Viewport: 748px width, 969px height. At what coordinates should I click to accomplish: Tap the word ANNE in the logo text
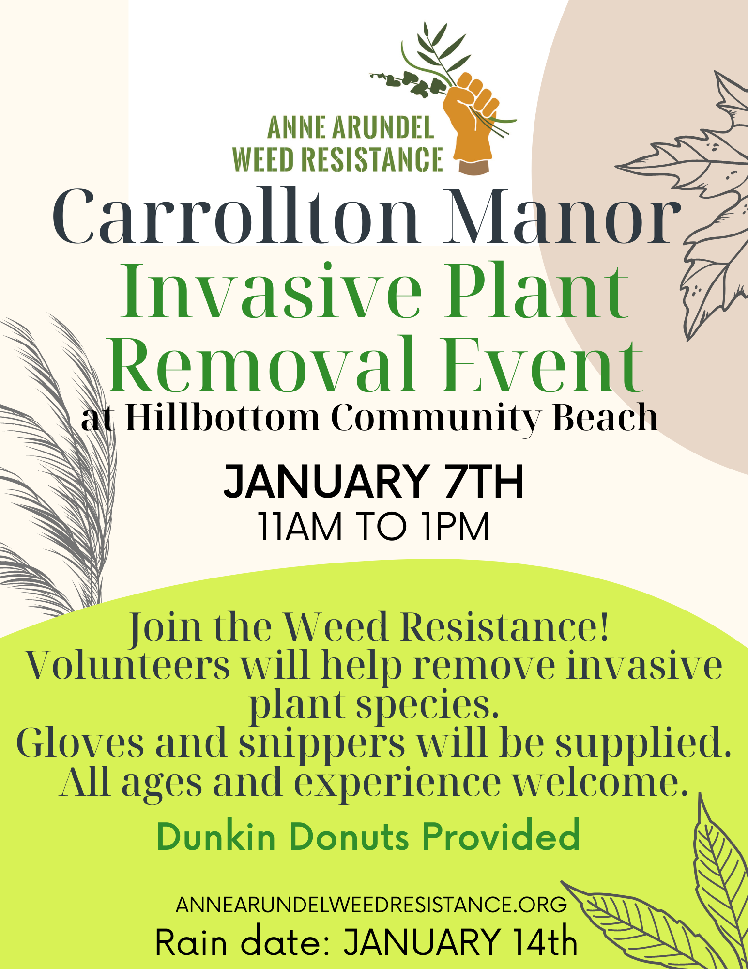click(296, 128)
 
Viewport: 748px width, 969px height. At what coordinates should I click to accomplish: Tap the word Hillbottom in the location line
click(222, 418)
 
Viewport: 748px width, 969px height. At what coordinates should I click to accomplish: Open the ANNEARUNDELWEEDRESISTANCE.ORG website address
click(371, 905)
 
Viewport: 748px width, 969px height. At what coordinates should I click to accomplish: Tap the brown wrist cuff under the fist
click(474, 168)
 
